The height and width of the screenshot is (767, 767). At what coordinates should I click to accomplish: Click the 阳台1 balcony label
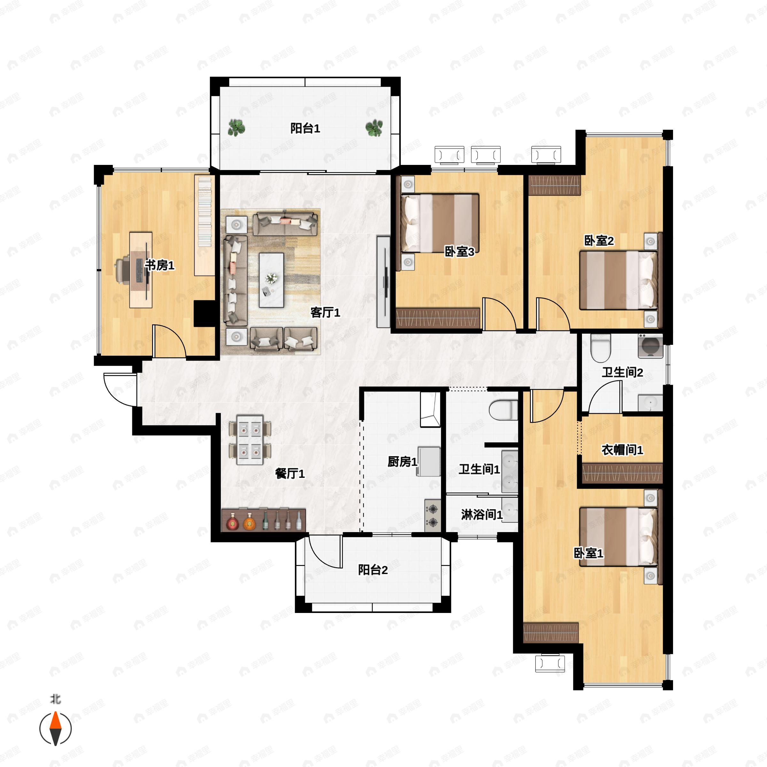[x=305, y=128]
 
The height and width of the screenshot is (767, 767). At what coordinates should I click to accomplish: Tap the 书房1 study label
[x=159, y=265]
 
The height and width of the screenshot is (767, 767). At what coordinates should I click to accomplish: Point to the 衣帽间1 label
[x=622, y=450]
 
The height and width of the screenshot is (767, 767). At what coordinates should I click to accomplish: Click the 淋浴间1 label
[x=482, y=515]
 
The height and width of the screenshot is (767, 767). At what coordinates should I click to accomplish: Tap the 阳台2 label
[x=373, y=570]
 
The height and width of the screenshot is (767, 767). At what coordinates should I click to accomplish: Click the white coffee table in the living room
[x=272, y=280]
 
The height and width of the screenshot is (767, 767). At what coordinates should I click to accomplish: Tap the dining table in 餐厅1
[x=250, y=440]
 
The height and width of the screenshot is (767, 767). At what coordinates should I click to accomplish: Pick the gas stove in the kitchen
[x=433, y=515]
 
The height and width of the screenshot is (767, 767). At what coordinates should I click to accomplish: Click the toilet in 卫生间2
[x=600, y=348]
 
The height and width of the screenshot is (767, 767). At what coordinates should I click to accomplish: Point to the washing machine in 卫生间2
[x=650, y=346]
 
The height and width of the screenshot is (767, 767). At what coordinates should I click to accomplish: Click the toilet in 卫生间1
[x=503, y=410]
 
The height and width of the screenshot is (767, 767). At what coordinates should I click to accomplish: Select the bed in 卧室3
[x=440, y=223]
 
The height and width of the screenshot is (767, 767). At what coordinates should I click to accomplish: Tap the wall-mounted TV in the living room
[x=383, y=282]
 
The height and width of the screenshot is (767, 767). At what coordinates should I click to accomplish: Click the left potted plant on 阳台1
[x=236, y=128]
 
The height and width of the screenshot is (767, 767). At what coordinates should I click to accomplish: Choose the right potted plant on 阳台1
[x=374, y=128]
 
